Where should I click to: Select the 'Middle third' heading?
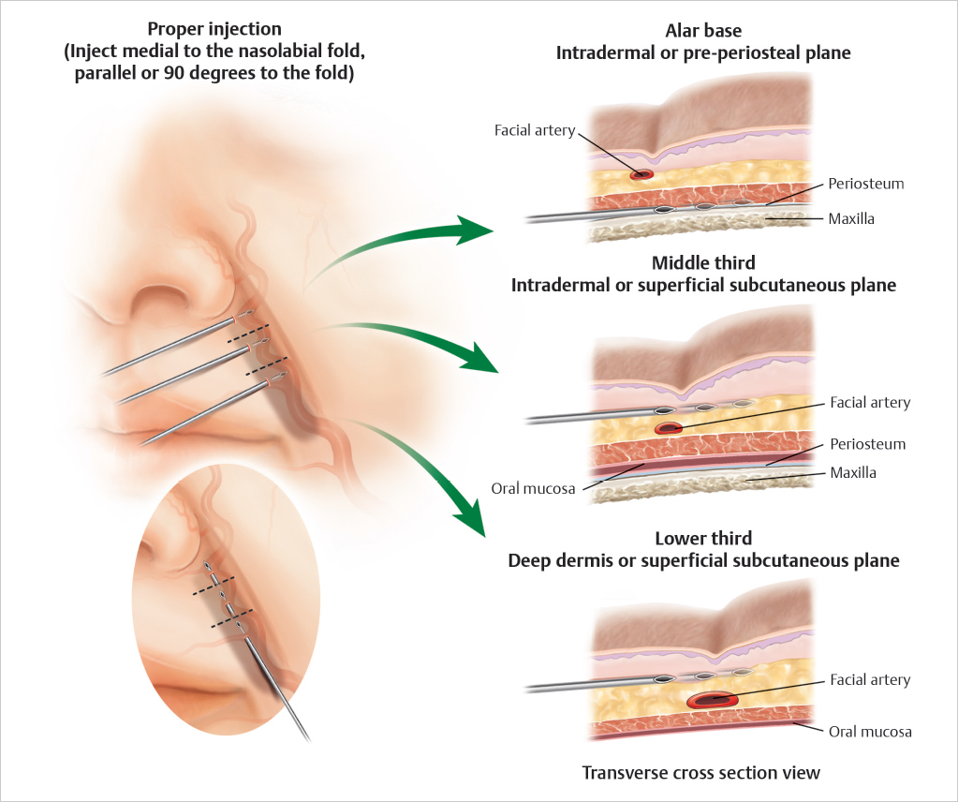point(703,264)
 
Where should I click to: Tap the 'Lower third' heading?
point(703,540)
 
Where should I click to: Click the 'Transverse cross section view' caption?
point(701,773)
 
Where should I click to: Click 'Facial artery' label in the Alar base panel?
point(535,130)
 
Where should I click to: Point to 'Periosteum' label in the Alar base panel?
point(866,184)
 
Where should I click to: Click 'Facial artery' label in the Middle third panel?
point(870,403)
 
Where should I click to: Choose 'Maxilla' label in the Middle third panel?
point(853,473)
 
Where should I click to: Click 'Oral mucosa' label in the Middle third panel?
point(530,487)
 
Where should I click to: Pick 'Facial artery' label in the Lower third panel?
point(870,680)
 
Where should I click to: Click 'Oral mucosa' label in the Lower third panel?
point(870,731)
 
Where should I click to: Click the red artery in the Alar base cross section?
point(641,174)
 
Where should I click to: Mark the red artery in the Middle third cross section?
point(669,428)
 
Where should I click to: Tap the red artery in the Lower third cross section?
point(712,699)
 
